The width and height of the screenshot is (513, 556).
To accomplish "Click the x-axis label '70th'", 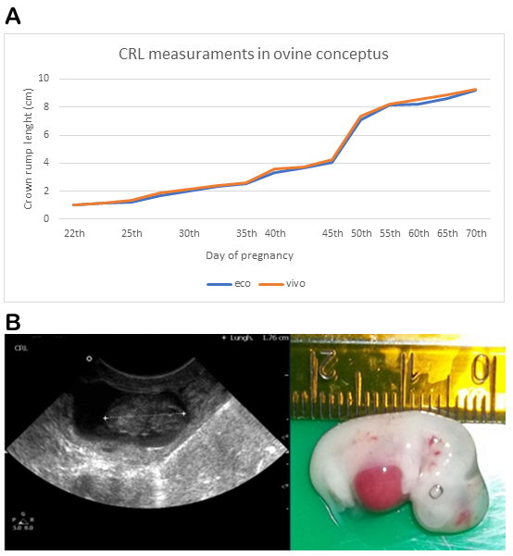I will pyautogui.click(x=476, y=233).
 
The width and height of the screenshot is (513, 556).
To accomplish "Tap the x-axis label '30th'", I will pyautogui.click(x=189, y=233).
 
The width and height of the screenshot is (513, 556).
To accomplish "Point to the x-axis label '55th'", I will pyautogui.click(x=390, y=233).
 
